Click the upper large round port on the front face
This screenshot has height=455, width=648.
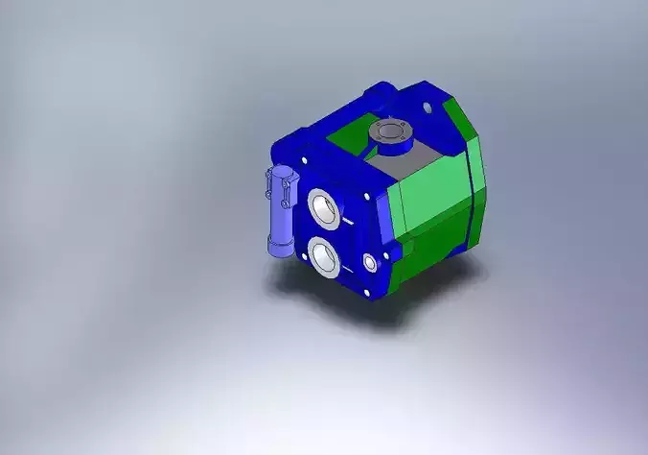point(322,206)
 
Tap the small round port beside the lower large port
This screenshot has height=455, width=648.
point(370,262)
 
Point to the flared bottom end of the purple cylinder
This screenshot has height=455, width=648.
point(279,249)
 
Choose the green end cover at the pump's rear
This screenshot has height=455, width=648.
point(477,182)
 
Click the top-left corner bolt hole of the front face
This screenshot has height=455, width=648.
point(304,159)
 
